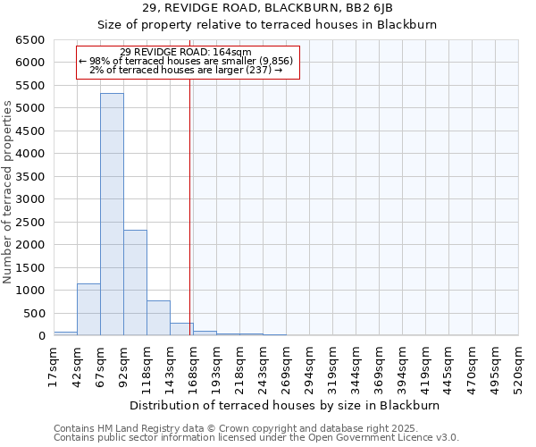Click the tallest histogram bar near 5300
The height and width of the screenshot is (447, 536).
[x=112, y=215]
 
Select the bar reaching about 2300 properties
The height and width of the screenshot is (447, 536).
[x=135, y=283]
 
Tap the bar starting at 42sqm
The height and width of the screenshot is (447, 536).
[x=88, y=309]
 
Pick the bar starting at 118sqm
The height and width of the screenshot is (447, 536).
[x=158, y=318]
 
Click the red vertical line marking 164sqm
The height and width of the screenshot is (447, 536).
[x=190, y=223]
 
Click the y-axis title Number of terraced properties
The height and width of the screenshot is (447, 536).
[x=9, y=192]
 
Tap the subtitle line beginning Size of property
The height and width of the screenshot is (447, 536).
[x=267, y=25]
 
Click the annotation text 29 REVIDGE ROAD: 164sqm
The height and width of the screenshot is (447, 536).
[x=187, y=52]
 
